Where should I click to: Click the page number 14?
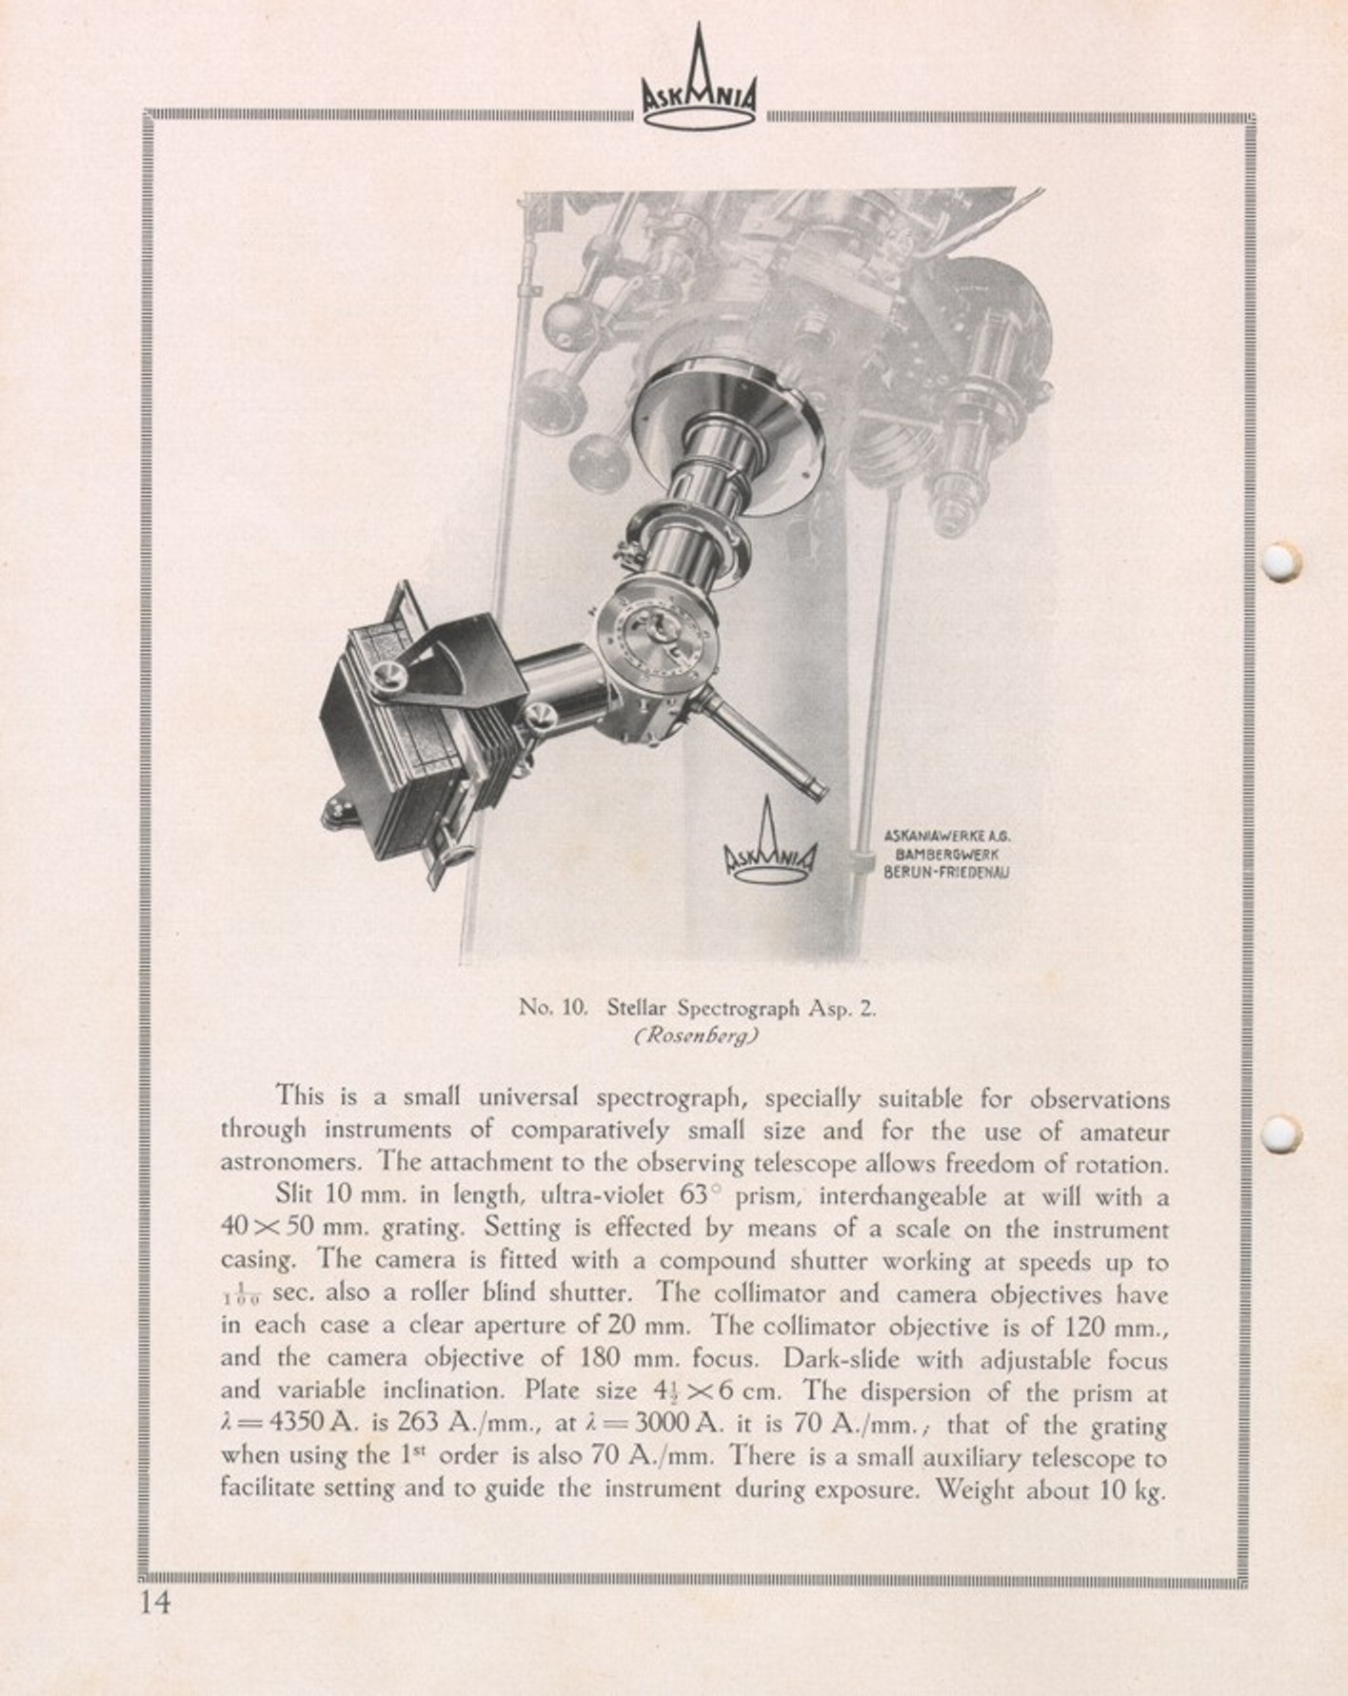pyautogui.click(x=155, y=1602)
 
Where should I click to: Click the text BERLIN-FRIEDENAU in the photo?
pyautogui.click(x=947, y=871)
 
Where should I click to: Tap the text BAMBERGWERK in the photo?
pyautogui.click(x=947, y=854)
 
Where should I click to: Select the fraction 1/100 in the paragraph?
pyautogui.click(x=237, y=1296)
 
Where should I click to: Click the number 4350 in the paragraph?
pyautogui.click(x=299, y=1425)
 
